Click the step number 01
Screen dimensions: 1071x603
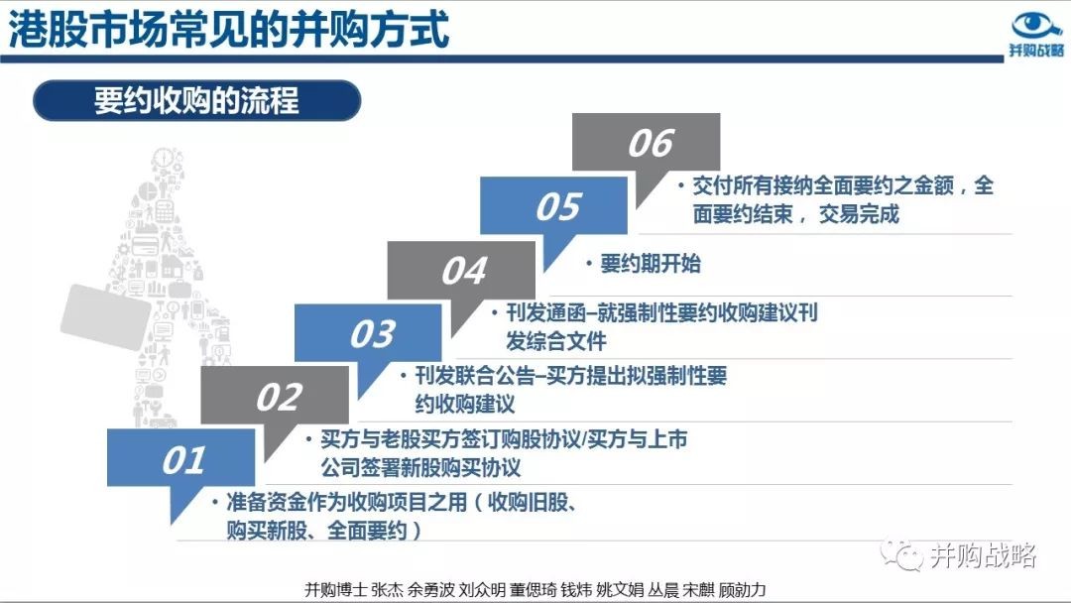[183, 460]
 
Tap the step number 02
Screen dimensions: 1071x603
[279, 398]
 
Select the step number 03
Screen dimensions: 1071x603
[372, 334]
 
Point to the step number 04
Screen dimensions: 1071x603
[464, 271]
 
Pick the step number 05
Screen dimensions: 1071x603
[558, 207]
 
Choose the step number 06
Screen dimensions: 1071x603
[651, 144]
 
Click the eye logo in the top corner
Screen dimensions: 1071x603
[1036, 25]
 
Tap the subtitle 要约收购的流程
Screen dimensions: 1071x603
[196, 101]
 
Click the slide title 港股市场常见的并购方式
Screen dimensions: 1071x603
[229, 30]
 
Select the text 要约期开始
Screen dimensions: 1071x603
[651, 264]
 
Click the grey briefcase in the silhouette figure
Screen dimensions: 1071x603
[105, 316]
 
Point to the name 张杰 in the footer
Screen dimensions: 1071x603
[388, 589]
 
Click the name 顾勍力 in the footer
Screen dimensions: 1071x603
[742, 589]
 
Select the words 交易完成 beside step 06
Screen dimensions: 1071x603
[859, 214]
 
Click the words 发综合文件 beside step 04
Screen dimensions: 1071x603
[556, 341]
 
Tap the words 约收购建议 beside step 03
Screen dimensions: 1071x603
[465, 404]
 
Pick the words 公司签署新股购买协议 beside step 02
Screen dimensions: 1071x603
[420, 468]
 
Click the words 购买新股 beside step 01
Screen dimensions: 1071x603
[267, 531]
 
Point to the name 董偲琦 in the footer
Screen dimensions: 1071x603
[533, 589]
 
